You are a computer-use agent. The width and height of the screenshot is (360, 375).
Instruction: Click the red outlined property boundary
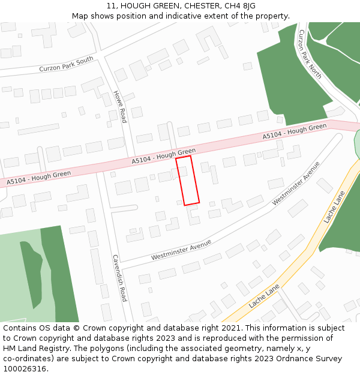[187, 181]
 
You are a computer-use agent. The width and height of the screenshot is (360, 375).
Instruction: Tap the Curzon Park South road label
[67, 64]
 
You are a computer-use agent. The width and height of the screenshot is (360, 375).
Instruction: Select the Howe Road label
[121, 106]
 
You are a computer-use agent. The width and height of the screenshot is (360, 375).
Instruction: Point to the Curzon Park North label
[310, 54]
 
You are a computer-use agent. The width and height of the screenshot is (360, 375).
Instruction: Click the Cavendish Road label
[119, 277]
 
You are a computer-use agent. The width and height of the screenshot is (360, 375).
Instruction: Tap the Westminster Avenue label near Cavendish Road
[181, 250]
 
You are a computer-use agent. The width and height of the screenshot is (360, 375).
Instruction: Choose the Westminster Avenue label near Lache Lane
[295, 184]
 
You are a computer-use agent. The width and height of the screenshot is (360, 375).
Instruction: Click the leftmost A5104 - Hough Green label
[38, 178]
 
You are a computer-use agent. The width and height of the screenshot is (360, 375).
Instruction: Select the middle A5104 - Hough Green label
[164, 157]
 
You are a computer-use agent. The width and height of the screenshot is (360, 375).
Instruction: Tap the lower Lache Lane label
[264, 296]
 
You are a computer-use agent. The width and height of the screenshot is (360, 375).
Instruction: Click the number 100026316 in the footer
[25, 369]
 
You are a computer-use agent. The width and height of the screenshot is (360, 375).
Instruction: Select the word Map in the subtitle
[80, 16]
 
